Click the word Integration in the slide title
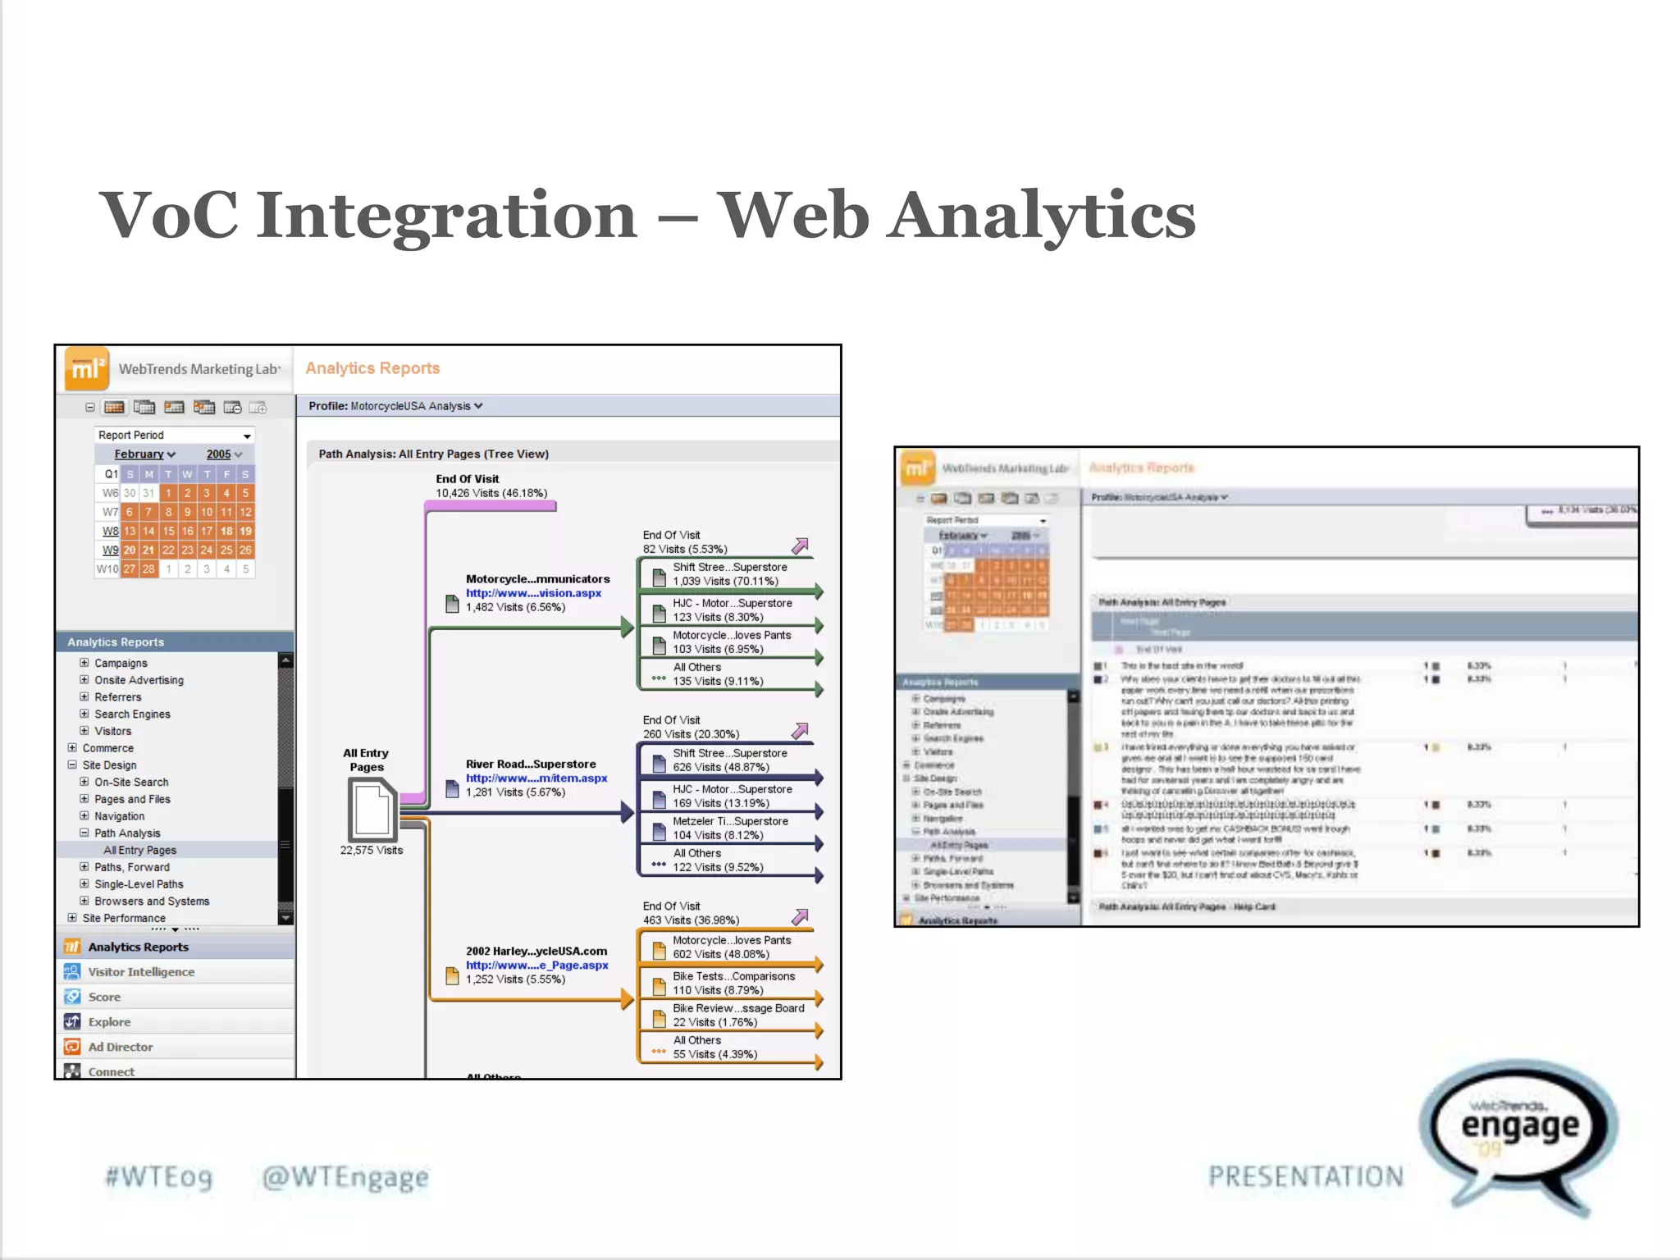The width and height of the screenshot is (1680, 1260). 447,215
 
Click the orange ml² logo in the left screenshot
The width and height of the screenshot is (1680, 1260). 86,369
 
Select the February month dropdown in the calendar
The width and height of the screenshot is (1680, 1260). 144,454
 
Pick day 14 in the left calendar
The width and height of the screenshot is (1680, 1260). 148,531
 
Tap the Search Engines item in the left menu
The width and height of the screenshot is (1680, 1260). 132,714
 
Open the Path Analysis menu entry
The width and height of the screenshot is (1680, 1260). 127,833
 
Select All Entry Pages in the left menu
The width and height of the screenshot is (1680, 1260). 139,851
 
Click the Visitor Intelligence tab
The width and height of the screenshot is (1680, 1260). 141,972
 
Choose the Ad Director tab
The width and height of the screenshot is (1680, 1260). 121,1048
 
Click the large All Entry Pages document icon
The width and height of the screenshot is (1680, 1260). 372,809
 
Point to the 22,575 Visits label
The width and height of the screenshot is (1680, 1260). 372,851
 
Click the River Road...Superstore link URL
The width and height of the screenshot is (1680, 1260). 536,778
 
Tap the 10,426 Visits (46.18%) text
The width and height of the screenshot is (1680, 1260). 491,494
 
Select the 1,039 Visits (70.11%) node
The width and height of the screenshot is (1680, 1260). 725,582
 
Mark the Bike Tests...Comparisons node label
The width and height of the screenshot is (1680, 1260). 733,977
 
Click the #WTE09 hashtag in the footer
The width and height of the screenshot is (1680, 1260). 159,1177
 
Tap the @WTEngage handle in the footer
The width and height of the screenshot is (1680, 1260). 345,1177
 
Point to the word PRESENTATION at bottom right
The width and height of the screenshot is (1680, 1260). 1306,1177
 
